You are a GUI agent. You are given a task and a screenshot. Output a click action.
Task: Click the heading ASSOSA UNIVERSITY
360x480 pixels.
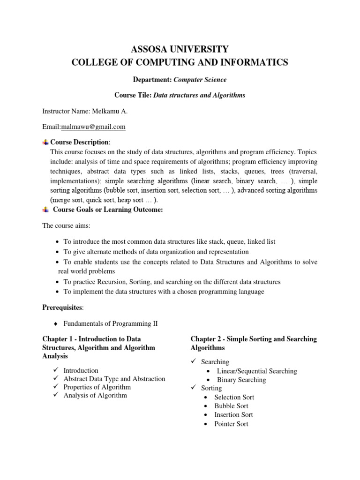point(180,49)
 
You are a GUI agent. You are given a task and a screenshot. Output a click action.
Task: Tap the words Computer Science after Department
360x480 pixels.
point(199,80)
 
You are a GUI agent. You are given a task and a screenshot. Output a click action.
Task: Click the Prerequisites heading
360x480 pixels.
point(62,307)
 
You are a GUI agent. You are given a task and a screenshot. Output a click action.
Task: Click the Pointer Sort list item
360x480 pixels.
point(231,424)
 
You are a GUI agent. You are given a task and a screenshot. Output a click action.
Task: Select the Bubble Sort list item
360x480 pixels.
point(231,406)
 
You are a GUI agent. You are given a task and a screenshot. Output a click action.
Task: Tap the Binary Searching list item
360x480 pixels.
point(241,380)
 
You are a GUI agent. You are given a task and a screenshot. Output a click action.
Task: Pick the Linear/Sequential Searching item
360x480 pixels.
point(257,371)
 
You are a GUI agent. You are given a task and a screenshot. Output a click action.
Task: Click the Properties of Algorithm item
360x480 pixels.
point(97,387)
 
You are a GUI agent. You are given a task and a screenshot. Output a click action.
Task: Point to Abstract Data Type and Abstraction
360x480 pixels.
point(114,379)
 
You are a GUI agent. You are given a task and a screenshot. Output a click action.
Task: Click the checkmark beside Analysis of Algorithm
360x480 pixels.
point(55,396)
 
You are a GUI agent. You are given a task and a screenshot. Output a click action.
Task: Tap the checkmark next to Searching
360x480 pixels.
point(194,362)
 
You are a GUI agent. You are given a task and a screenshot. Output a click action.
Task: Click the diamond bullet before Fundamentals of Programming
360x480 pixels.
point(56,324)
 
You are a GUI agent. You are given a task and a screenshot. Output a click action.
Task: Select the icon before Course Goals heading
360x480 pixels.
point(45,210)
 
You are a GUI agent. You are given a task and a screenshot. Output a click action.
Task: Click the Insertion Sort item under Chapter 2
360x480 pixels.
point(233,415)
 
